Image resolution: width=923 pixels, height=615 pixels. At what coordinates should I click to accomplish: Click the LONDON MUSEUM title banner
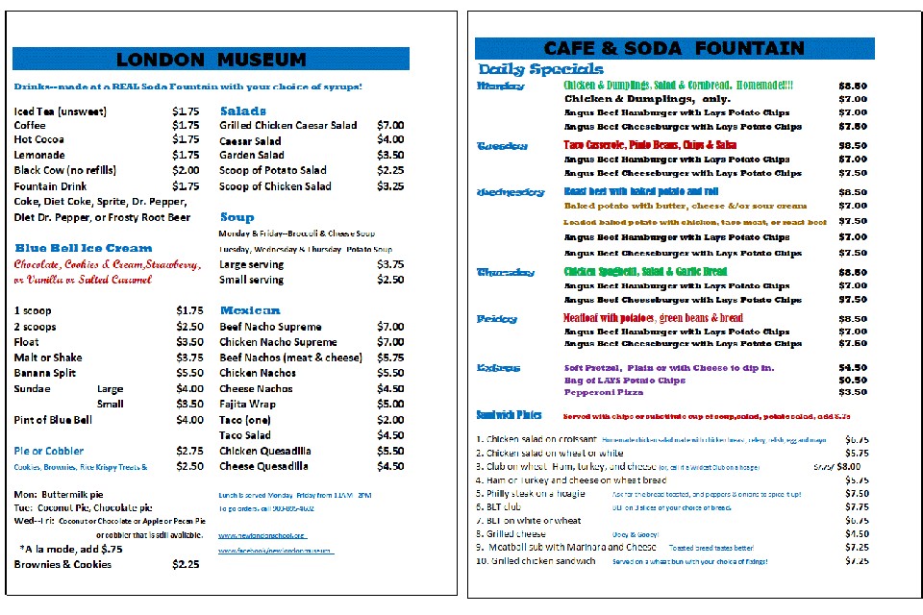211,60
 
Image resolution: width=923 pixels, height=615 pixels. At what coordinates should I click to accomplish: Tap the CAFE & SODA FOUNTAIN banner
674,49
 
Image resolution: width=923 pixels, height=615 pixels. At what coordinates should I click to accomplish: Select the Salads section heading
243,111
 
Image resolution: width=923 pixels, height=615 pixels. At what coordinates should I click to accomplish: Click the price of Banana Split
189,373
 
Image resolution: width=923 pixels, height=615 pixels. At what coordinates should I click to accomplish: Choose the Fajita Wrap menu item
247,405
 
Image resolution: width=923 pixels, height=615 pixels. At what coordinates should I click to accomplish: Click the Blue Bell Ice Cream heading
84,248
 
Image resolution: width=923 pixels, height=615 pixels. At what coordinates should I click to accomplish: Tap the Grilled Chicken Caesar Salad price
390,125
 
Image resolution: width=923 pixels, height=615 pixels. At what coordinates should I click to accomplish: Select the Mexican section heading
250,310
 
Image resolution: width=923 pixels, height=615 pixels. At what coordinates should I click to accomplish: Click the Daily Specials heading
540,69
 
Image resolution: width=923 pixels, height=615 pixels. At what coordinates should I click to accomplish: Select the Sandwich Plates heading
510,415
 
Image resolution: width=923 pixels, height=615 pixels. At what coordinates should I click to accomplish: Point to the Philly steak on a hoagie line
542,493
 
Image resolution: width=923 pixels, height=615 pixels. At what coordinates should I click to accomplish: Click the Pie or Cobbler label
49,451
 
